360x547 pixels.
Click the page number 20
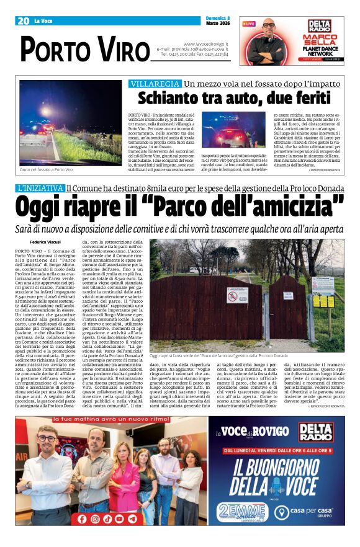pyautogui.click(x=23, y=21)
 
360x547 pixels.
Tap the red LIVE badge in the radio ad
pyautogui.click(x=249, y=24)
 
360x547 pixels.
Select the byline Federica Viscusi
pyautogui.click(x=47, y=241)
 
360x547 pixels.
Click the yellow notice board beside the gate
pyautogui.click(x=322, y=301)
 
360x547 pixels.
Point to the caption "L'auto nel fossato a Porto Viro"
pyautogui.click(x=46, y=169)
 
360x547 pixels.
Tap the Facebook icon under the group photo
pyautogui.click(x=82, y=519)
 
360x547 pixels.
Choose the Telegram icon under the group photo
pyautogui.click(x=132, y=519)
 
